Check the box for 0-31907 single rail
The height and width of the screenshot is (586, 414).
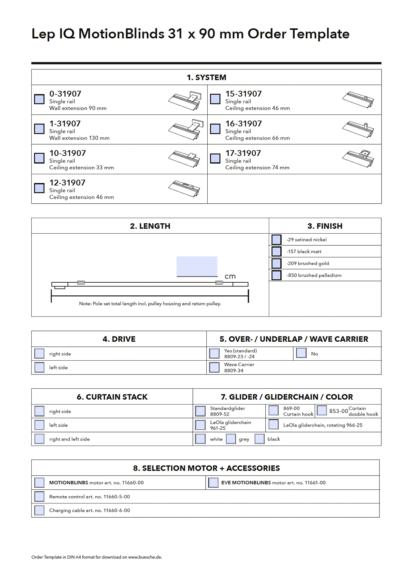39,99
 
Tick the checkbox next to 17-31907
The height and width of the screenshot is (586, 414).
215,158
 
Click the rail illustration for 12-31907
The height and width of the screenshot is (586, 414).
184,188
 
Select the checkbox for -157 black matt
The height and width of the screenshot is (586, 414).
276,251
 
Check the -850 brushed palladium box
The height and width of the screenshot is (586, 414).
276,275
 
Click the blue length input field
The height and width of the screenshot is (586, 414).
197,266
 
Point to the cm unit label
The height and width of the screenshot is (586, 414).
230,276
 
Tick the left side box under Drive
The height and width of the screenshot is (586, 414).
39,367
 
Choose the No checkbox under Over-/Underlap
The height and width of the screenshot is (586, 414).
301,353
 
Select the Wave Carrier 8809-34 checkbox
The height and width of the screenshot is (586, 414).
214,367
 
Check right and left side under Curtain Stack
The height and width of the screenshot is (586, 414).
39,439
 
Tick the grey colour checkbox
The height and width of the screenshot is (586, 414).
231,439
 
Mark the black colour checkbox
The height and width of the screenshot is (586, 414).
259,439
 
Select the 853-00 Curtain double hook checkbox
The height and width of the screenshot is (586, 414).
322,410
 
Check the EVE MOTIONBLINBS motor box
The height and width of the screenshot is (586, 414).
213,482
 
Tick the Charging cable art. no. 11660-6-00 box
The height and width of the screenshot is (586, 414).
39,510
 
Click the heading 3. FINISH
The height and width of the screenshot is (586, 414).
325,226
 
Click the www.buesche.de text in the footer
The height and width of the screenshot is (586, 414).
145,557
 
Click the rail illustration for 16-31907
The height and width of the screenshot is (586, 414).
358,129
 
